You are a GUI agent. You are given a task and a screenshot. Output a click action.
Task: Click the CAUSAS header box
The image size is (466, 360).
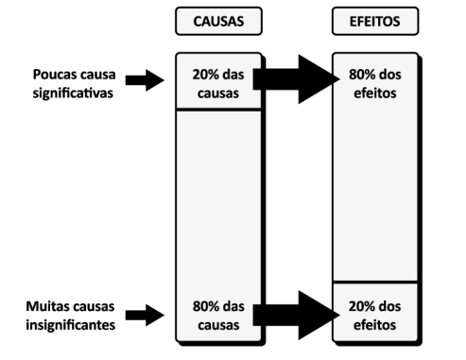click(x=218, y=20)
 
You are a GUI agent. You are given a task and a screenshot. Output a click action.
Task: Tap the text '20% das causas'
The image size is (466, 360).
click(x=218, y=82)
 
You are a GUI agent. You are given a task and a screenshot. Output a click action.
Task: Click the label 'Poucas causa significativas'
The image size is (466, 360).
click(x=68, y=82)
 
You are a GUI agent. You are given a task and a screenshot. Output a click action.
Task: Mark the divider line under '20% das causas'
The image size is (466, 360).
click(x=218, y=110)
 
